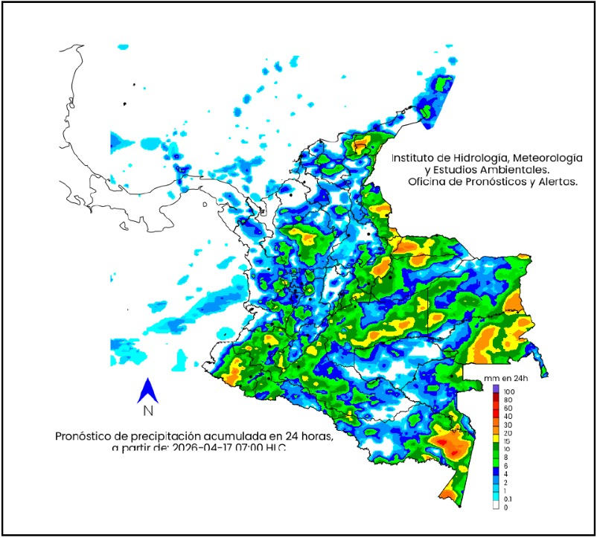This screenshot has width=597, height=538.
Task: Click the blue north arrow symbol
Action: pyautogui.click(x=147, y=390)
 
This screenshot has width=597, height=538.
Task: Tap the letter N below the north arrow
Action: pyautogui.click(x=147, y=410)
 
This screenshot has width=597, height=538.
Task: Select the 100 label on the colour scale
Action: pyautogui.click(x=510, y=391)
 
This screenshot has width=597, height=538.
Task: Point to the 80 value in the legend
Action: pyautogui.click(x=508, y=400)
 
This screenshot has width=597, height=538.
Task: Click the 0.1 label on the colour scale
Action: pyautogui.click(x=508, y=499)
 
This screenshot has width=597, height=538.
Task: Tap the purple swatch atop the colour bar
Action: pyautogui.click(x=496, y=389)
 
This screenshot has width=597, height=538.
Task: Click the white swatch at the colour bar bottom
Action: pyautogui.click(x=496, y=507)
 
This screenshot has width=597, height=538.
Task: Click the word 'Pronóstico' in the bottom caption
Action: pyautogui.click(x=86, y=436)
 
